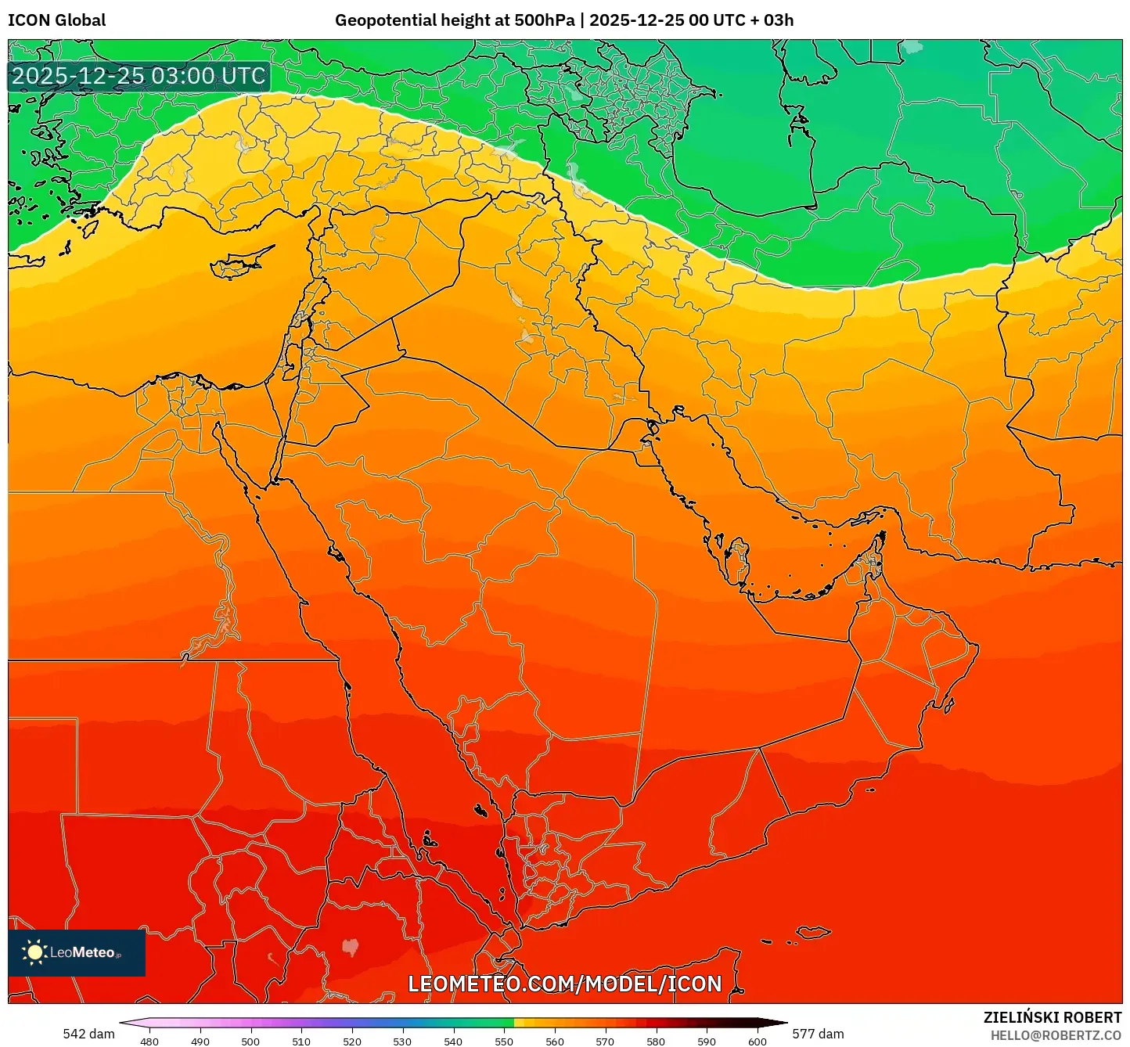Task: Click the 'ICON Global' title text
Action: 56,20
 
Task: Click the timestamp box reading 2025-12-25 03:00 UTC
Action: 139,76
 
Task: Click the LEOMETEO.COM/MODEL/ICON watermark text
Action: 564,984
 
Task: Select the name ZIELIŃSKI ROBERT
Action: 1052,1017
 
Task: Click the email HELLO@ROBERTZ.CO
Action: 1056,1035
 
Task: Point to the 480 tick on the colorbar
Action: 149,1041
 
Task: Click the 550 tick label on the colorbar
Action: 504,1041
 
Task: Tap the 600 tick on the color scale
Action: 757,1041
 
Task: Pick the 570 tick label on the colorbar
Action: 605,1041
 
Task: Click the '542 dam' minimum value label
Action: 88,1034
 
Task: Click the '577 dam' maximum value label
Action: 818,1034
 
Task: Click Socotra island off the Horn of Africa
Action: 813,932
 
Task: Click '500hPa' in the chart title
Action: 545,20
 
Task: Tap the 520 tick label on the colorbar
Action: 352,1041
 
